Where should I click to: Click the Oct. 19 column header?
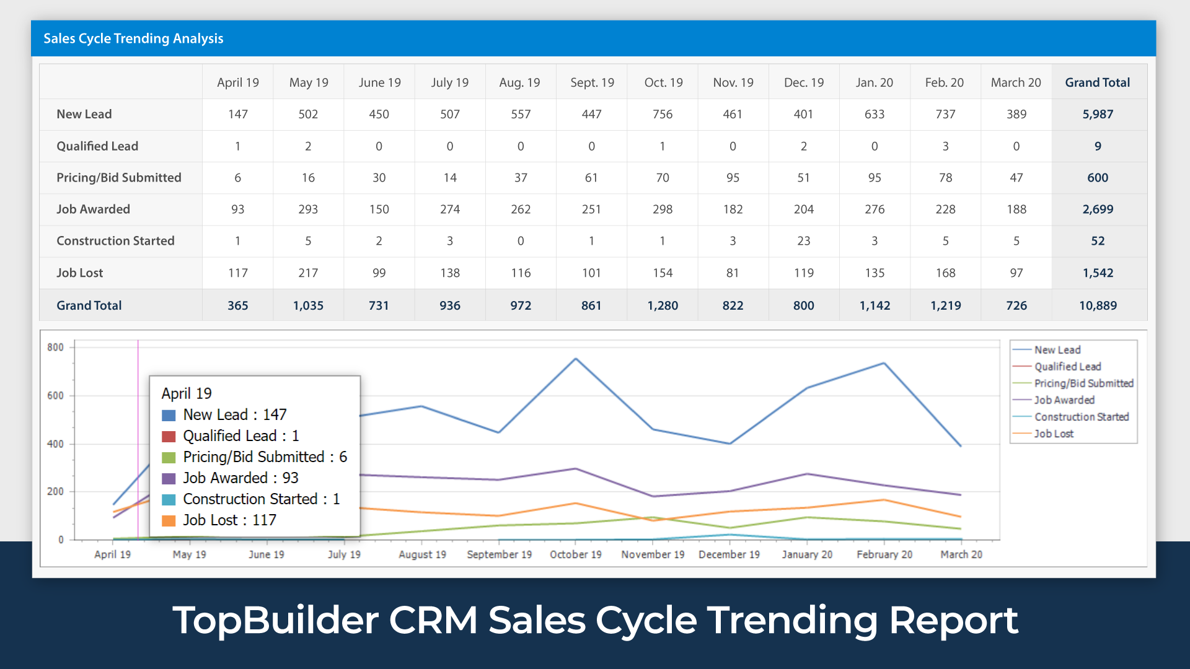tap(663, 82)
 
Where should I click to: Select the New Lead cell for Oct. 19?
tap(663, 114)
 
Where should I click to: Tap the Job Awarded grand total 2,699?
tap(1098, 209)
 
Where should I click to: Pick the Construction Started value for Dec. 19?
tap(804, 241)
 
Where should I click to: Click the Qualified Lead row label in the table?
tap(97, 146)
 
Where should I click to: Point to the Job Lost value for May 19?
tap(308, 273)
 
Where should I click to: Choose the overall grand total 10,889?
tap(1098, 305)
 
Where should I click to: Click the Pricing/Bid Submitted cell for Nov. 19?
tap(733, 178)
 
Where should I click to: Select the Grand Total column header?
tap(1097, 82)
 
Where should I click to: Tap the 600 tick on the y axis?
tap(56, 396)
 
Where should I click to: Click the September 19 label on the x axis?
tap(500, 554)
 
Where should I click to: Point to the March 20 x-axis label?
tap(961, 554)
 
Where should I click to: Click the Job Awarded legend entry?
tap(1064, 400)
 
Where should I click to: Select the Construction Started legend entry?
tap(1081, 417)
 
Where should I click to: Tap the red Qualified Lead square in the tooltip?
tap(169, 437)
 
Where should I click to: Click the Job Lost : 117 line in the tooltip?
tap(229, 520)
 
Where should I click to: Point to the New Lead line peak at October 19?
tap(576, 359)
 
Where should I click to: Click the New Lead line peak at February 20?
tap(884, 363)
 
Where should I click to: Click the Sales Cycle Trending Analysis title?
tap(133, 38)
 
